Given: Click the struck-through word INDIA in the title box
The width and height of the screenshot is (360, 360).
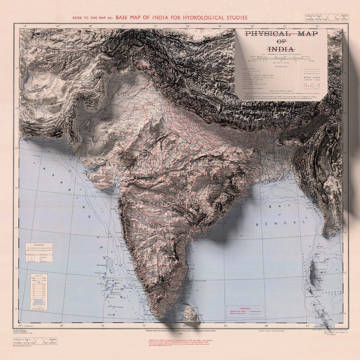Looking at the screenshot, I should (x=281, y=49).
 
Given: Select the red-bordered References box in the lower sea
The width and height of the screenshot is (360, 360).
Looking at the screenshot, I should (x=245, y=312).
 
